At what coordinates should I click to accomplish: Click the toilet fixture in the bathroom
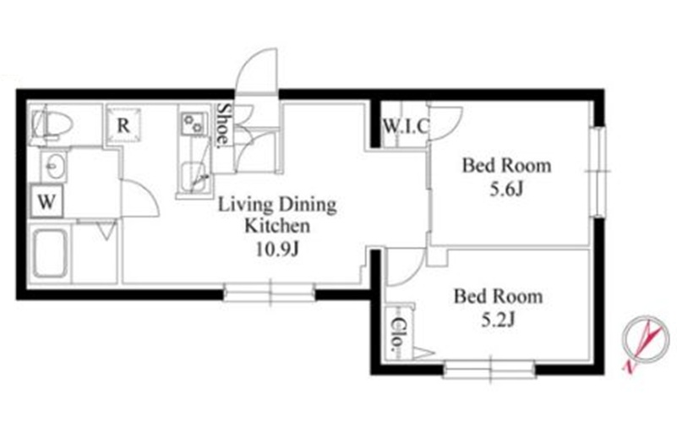(x=52, y=125)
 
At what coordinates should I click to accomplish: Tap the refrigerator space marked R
(x=123, y=125)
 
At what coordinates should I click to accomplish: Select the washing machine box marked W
(x=46, y=201)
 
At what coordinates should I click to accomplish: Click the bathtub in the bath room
(x=51, y=254)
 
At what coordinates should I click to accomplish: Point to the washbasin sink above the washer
(x=54, y=167)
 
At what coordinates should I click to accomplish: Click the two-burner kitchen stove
(x=192, y=124)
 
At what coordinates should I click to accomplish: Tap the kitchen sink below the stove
(x=193, y=177)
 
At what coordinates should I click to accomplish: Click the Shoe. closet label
(x=223, y=124)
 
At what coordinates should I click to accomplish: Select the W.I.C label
(x=406, y=126)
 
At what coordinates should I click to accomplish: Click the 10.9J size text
(x=277, y=250)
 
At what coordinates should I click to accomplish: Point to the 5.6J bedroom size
(x=506, y=189)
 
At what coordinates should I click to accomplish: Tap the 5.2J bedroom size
(x=498, y=320)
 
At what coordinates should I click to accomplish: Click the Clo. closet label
(x=396, y=333)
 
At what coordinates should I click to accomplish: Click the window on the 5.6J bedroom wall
(x=598, y=172)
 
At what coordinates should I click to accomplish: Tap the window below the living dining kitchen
(x=270, y=293)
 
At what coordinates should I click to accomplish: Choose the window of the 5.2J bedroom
(x=489, y=369)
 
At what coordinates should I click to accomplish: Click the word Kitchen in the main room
(x=277, y=226)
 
